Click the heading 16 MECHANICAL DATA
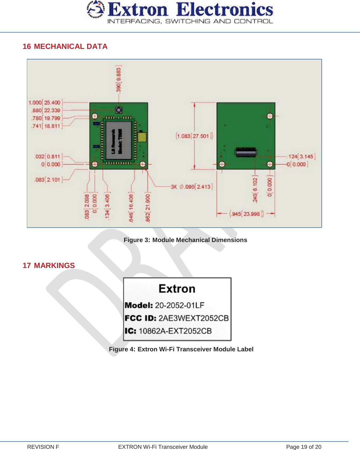[x=65, y=46]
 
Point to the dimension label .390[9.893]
[x=119, y=79]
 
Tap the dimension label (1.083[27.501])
[x=194, y=136]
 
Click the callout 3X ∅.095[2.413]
[x=192, y=187]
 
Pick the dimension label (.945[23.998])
[x=246, y=214]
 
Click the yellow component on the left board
[x=142, y=137]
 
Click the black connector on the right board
[x=246, y=152]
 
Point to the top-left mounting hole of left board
[x=95, y=116]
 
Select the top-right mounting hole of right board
[x=270, y=116]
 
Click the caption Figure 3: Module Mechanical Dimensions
[x=185, y=240]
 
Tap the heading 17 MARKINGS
[x=49, y=266]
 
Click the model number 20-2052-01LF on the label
[x=180, y=305]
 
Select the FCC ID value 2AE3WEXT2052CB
[x=193, y=318]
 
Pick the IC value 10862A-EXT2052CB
[x=175, y=331]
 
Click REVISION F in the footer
[x=43, y=447]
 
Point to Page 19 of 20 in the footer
[x=304, y=447]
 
